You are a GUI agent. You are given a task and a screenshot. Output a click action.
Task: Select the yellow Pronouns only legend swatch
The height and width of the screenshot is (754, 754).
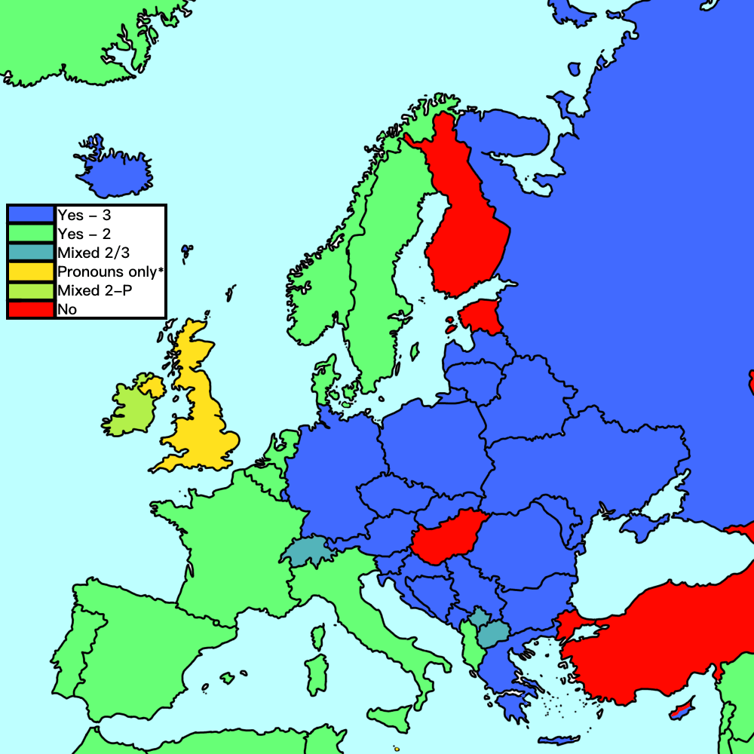tap(31, 271)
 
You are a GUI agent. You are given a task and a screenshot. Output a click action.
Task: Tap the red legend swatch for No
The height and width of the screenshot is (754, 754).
tap(31, 308)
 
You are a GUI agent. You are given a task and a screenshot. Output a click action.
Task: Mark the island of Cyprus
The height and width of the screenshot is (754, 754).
tap(682, 708)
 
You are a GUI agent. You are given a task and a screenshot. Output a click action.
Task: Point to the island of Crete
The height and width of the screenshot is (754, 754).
tap(559, 739)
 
